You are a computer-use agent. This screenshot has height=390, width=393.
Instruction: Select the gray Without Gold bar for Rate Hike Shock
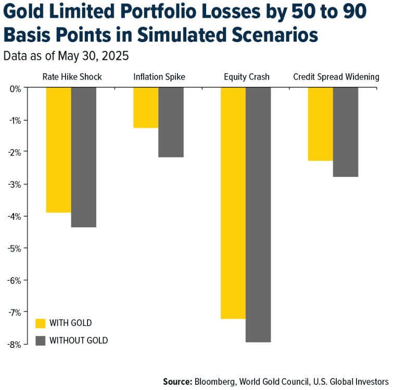click(x=84, y=157)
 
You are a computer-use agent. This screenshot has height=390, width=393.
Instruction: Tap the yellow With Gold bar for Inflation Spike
click(x=146, y=108)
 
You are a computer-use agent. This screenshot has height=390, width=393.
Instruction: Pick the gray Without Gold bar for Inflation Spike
click(x=171, y=122)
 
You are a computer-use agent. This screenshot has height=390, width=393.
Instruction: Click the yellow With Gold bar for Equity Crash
click(x=233, y=203)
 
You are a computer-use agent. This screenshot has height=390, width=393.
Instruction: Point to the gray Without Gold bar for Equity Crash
click(x=258, y=214)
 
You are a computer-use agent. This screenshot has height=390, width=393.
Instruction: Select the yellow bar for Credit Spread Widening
click(x=320, y=124)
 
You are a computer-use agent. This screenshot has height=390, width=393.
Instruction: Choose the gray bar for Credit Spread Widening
click(x=346, y=132)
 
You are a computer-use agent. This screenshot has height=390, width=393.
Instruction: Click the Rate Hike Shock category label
click(x=72, y=77)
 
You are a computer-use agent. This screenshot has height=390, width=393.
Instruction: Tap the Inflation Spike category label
click(x=159, y=77)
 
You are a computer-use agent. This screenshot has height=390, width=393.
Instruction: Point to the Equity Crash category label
click(x=247, y=77)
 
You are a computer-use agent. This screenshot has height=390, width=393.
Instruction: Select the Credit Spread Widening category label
click(x=336, y=77)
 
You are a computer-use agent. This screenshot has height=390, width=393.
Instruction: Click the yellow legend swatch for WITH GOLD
click(x=40, y=323)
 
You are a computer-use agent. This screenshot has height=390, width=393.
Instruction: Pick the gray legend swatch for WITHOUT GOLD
click(x=40, y=341)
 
